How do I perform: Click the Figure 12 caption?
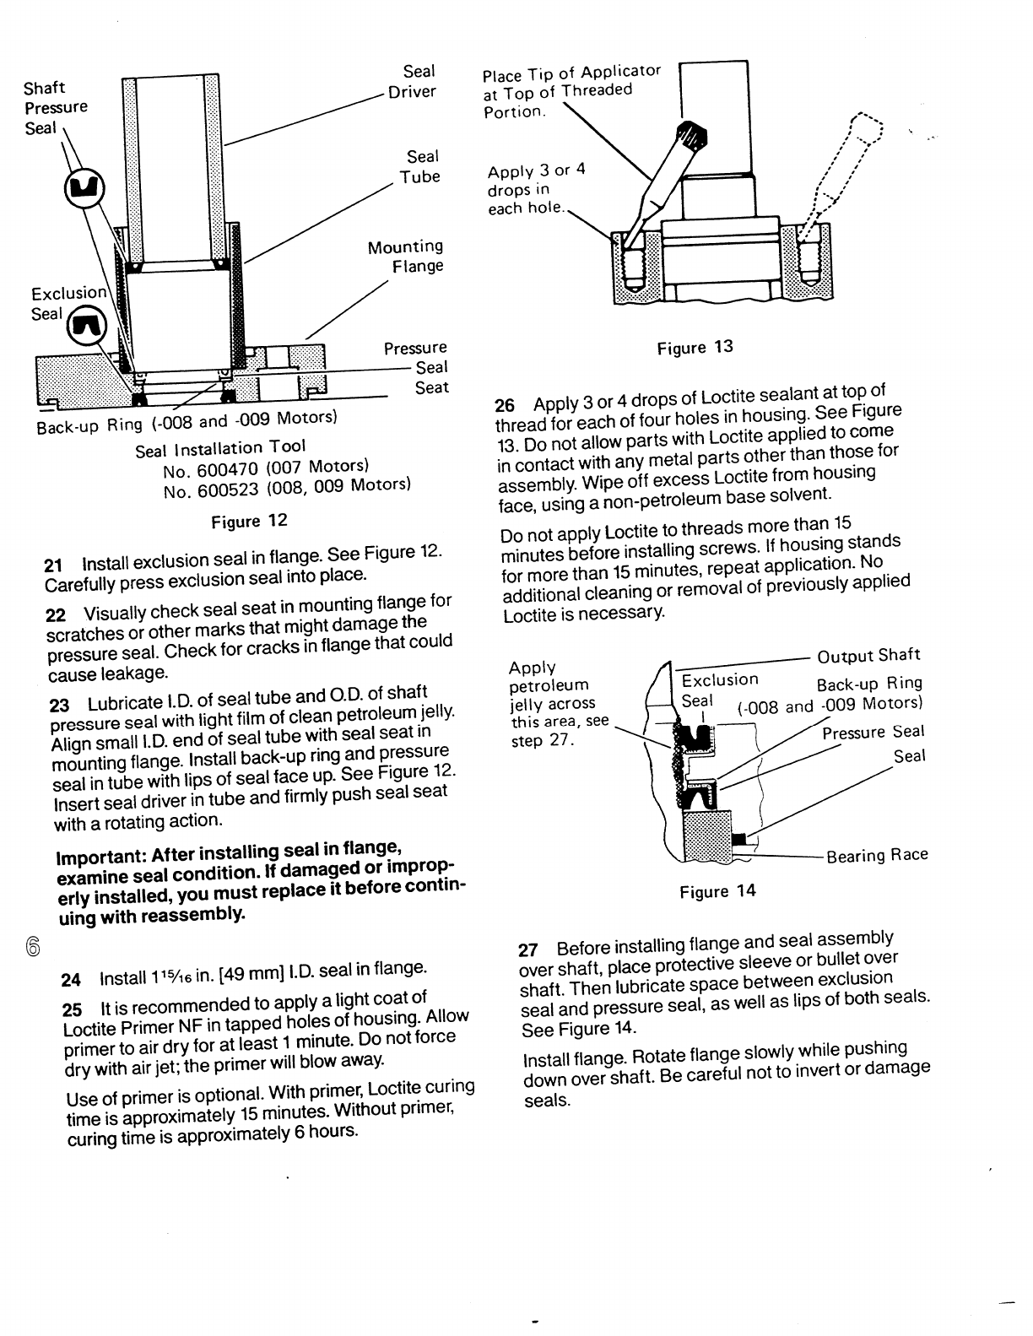pyautogui.click(x=249, y=521)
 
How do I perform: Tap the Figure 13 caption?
pyautogui.click(x=695, y=347)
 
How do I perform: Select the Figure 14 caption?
pyautogui.click(x=717, y=891)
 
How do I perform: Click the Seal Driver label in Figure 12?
pyautogui.click(x=414, y=82)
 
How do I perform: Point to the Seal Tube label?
pyautogui.click(x=420, y=166)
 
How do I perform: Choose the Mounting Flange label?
pyautogui.click(x=406, y=257)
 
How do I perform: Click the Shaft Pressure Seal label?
pyautogui.click(x=55, y=107)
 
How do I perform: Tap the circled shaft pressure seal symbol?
pyautogui.click(x=82, y=186)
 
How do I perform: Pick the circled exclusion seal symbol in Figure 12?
pyautogui.click(x=85, y=323)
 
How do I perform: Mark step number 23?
pyautogui.click(x=59, y=705)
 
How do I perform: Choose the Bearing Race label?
pyautogui.click(x=877, y=856)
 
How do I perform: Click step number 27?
pyautogui.click(x=527, y=948)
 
